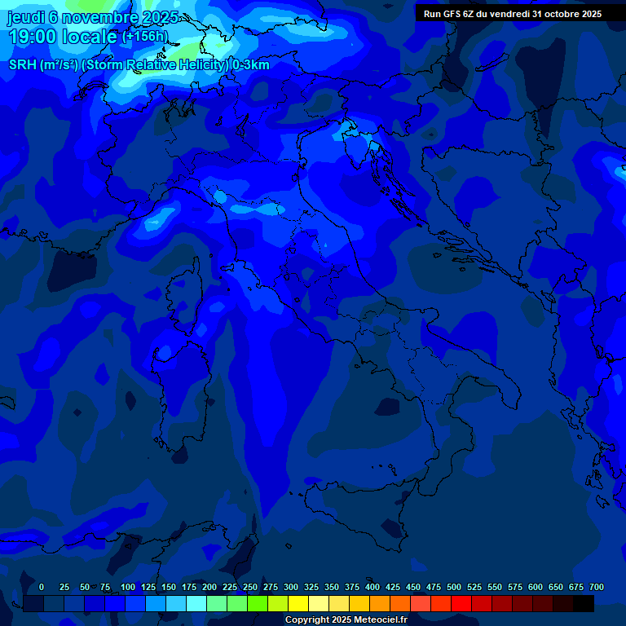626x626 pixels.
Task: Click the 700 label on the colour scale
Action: click(x=597, y=587)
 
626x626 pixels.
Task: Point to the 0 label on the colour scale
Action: click(x=42, y=587)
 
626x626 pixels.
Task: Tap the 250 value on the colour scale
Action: click(x=250, y=587)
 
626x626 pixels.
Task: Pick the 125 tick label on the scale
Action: click(x=148, y=587)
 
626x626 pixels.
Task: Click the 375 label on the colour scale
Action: click(x=352, y=587)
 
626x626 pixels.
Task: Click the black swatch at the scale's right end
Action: click(x=584, y=603)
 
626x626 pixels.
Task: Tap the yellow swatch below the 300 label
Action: click(x=298, y=603)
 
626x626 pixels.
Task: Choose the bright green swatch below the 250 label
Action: click(x=258, y=603)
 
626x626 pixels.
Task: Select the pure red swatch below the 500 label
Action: click(x=461, y=603)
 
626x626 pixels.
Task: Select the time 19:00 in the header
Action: click(x=36, y=37)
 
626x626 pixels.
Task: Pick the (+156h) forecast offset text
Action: click(x=145, y=37)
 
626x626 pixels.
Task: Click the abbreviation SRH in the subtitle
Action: click(x=23, y=65)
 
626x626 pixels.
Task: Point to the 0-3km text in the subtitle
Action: click(x=250, y=65)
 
